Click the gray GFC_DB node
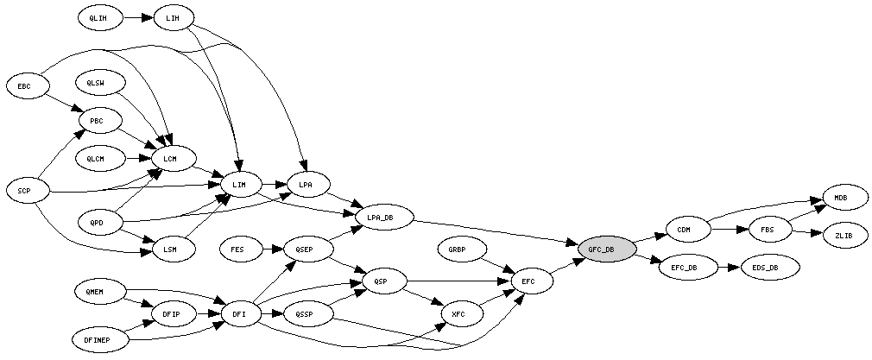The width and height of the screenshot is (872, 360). [x=607, y=249]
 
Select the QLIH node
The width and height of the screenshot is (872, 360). [x=98, y=16]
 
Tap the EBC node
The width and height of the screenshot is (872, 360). [x=24, y=86]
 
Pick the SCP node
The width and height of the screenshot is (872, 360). [x=24, y=190]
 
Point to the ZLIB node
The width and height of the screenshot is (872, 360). [x=844, y=235]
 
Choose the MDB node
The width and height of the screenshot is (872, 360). [x=840, y=198]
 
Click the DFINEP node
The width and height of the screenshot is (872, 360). [x=100, y=340]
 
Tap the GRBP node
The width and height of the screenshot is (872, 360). [x=457, y=249]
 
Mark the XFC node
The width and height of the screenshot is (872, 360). [x=458, y=314]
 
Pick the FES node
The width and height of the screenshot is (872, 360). [x=237, y=249]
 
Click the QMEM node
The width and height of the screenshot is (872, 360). [x=95, y=292]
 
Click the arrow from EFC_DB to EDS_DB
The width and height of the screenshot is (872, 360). [x=725, y=268]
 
